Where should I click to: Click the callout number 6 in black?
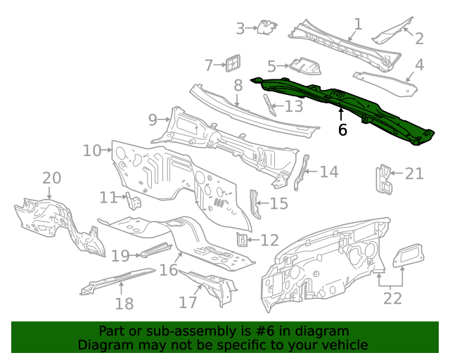tap(342, 130)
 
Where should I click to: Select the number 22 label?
tap(392, 298)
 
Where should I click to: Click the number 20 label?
tap(52, 179)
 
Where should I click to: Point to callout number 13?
tap(293, 106)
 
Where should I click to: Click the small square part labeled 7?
tap(232, 63)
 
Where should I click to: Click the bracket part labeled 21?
tap(384, 179)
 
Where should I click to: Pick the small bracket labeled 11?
tap(134, 202)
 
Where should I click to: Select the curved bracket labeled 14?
tap(302, 172)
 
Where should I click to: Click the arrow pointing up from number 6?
tap(342, 114)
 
